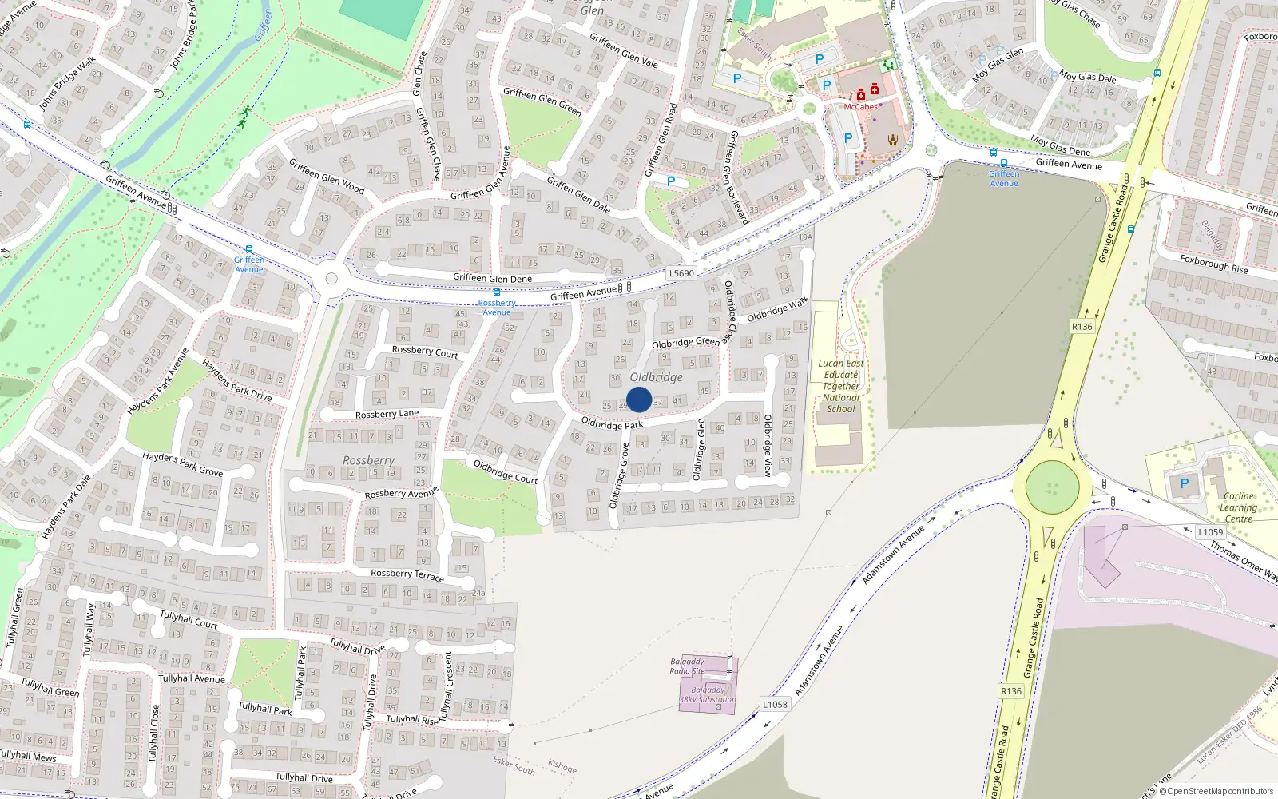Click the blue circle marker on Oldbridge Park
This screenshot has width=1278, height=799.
(x=639, y=399)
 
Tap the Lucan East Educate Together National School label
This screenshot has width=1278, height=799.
(x=841, y=386)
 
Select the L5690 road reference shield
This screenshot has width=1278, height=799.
(x=681, y=273)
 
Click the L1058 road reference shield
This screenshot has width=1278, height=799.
(x=775, y=704)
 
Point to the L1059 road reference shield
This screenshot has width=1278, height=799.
(x=1210, y=532)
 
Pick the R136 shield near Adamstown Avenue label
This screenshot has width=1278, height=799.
(x=1011, y=691)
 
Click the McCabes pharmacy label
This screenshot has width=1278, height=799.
(x=860, y=107)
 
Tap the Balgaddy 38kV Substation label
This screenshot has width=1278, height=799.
(x=708, y=694)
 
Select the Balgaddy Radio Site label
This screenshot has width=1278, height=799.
(x=687, y=666)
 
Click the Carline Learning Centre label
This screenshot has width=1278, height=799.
(x=1238, y=507)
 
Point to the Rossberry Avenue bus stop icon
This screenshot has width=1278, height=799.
(x=497, y=292)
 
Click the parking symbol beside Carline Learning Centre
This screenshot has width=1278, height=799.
(x=1185, y=483)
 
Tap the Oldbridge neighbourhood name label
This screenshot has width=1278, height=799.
(x=656, y=377)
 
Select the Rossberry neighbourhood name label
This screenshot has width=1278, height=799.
(x=368, y=461)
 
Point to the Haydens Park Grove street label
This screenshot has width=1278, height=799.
(x=182, y=464)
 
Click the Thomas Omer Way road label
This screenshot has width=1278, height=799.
(x=1242, y=560)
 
